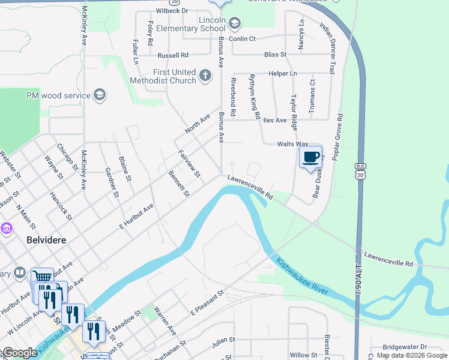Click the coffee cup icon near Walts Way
tap(310, 157)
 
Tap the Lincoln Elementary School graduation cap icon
tap(235, 24)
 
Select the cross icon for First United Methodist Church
tap(205, 76)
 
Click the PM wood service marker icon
tap(100, 95)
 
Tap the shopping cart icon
tap(42, 277)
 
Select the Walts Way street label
tap(292, 145)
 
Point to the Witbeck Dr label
tap(172, 11)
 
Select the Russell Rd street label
tap(173, 55)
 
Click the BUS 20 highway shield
tap(360, 170)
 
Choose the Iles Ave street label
tap(273, 121)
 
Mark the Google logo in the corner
tap(20, 353)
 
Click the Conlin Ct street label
tap(242, 39)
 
